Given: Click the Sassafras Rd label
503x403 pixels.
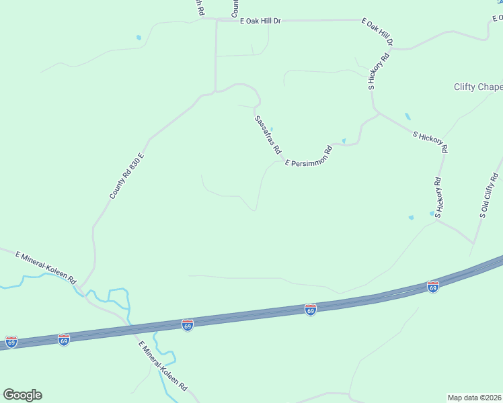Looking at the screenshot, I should click(x=267, y=135).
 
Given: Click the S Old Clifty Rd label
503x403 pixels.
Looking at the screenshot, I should click(x=488, y=196).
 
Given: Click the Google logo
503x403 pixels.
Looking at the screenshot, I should click(x=22, y=395).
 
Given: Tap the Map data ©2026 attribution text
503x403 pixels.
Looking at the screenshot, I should click(x=475, y=398).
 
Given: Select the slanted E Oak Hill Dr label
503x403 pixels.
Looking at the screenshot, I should click(x=377, y=33).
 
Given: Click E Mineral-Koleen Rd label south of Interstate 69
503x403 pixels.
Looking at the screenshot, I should click(x=163, y=367).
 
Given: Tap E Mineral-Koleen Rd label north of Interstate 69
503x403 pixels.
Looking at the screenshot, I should click(x=46, y=267).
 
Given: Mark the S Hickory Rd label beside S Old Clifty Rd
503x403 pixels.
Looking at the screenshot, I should click(x=438, y=197).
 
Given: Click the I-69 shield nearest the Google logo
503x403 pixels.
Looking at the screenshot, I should click(x=11, y=342).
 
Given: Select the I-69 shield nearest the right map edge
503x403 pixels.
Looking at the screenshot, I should click(x=433, y=287).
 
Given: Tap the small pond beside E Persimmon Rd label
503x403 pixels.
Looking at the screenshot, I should click(x=344, y=141).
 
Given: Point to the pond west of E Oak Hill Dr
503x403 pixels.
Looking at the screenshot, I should click(x=139, y=38).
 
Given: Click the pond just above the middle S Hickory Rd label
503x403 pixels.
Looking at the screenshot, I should click(x=408, y=116).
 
